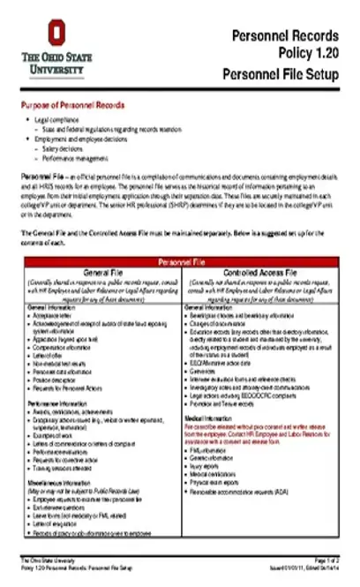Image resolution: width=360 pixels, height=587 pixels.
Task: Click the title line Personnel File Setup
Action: [x=280, y=73]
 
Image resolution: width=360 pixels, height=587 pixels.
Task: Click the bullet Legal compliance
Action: [x=61, y=118]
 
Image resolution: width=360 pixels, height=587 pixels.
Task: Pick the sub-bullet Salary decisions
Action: [x=66, y=149]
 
